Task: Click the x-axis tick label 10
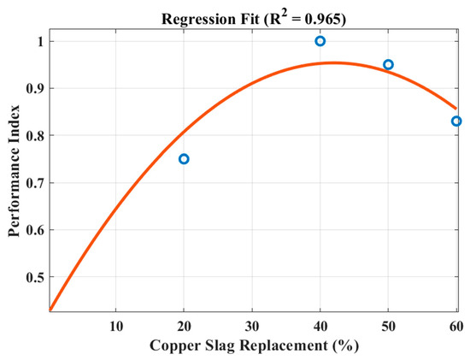click(116, 327)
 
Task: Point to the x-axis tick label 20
click(184, 327)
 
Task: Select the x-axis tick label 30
click(252, 327)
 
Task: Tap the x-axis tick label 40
click(320, 327)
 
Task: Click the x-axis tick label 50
click(388, 327)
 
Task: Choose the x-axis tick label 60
click(456, 327)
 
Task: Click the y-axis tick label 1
click(41, 41)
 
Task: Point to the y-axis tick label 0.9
click(35, 88)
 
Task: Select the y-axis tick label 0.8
click(35, 136)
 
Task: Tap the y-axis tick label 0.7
click(35, 183)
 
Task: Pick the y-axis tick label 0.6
click(35, 230)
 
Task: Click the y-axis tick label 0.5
click(35, 277)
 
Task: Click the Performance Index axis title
click(14, 171)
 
